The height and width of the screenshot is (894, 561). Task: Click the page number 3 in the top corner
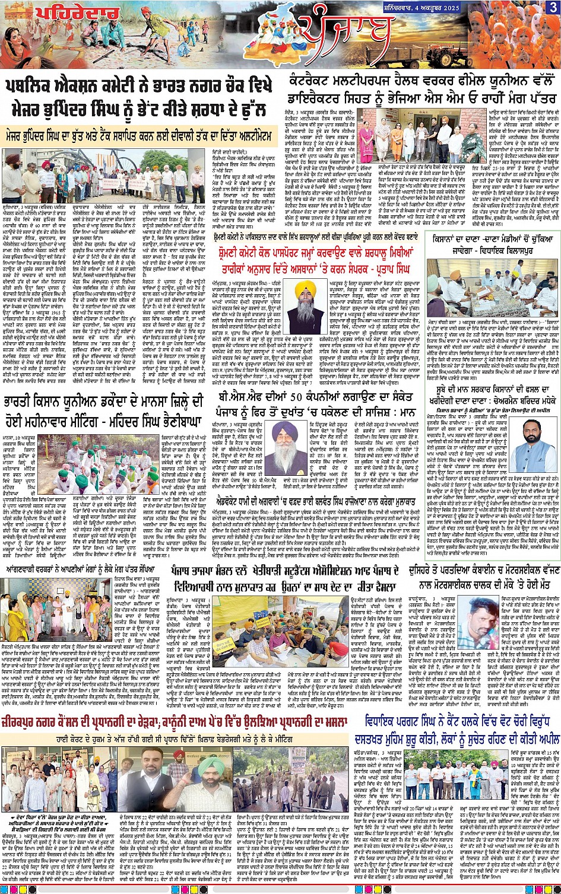pos(553,7)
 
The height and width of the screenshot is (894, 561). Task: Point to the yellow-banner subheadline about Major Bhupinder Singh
pos(140,136)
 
